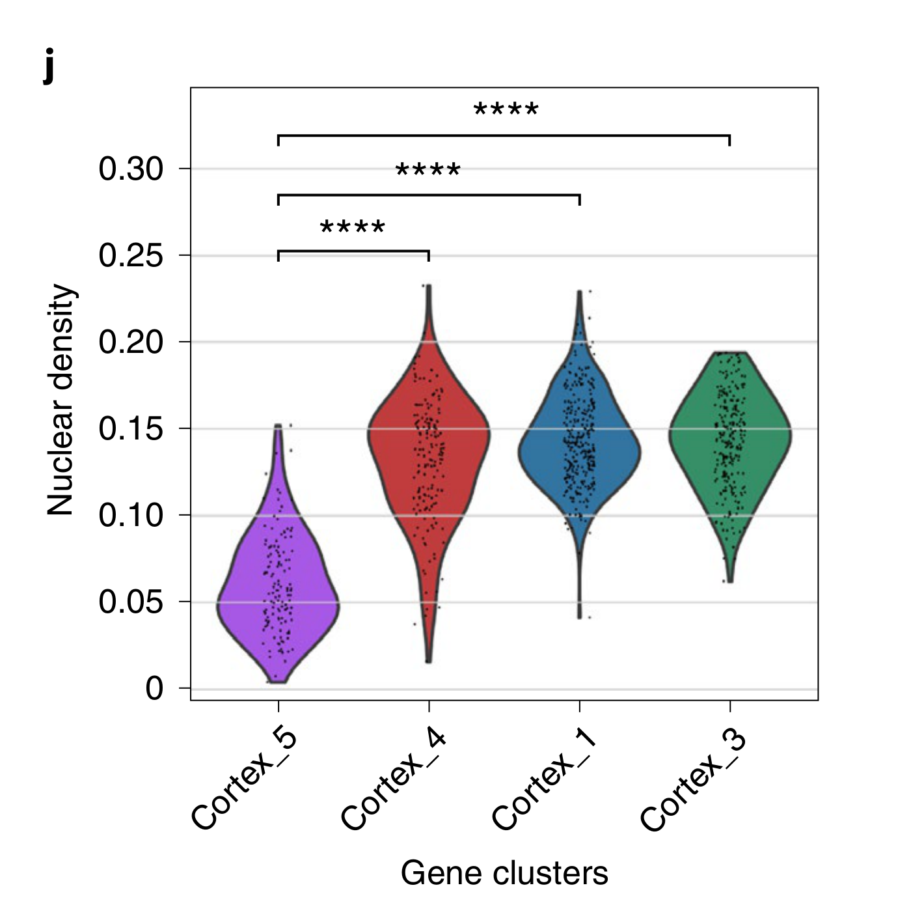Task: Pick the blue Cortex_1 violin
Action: pos(579,449)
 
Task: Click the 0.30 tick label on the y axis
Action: pos(131,169)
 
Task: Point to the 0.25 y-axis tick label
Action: pos(131,256)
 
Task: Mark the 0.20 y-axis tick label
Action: pos(131,342)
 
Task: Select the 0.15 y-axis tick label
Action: pos(131,429)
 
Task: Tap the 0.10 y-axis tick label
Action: pos(131,516)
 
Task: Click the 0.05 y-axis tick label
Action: pos(131,602)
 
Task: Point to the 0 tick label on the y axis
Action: pos(154,689)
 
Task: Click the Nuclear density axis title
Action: pos(61,400)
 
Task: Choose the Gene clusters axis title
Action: pos(504,873)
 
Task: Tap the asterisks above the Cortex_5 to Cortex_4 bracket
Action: pos(353,228)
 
